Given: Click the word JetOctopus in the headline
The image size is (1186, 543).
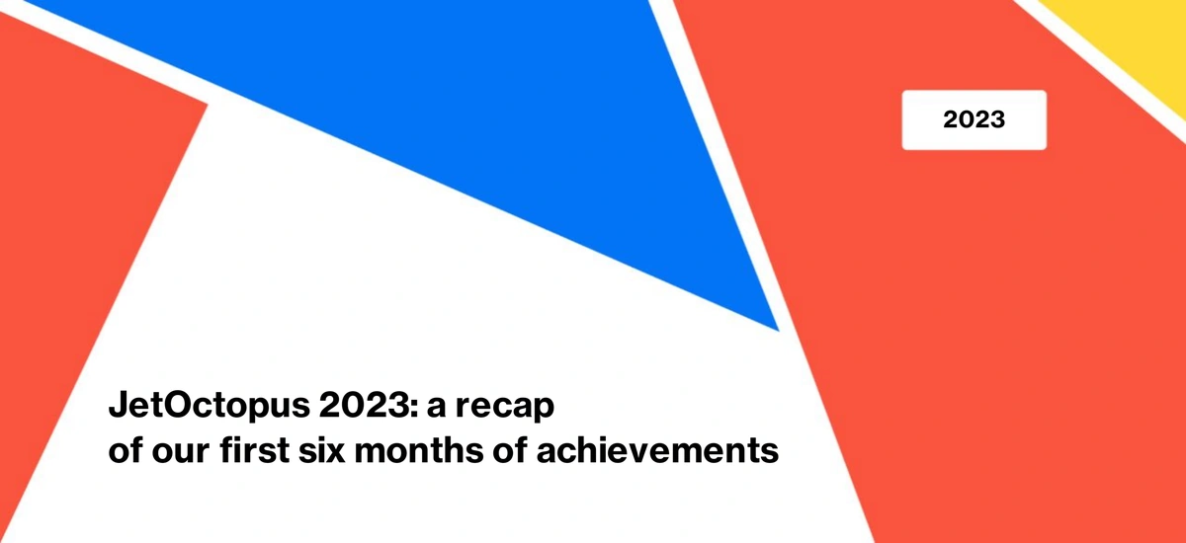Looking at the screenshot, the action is (x=210, y=406).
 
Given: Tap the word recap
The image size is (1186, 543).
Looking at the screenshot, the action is (x=505, y=408).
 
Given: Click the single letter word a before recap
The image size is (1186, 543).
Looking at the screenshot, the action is (x=436, y=408).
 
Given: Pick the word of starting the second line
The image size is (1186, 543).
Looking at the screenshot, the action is (x=126, y=450).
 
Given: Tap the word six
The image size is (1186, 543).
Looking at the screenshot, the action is (x=321, y=450).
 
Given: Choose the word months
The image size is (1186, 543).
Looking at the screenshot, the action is (x=419, y=450).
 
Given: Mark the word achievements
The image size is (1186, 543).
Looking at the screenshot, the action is (x=657, y=450).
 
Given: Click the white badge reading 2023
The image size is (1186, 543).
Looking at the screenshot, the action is (x=974, y=120).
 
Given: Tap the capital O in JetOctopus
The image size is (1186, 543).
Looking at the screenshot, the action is (x=170, y=405).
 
